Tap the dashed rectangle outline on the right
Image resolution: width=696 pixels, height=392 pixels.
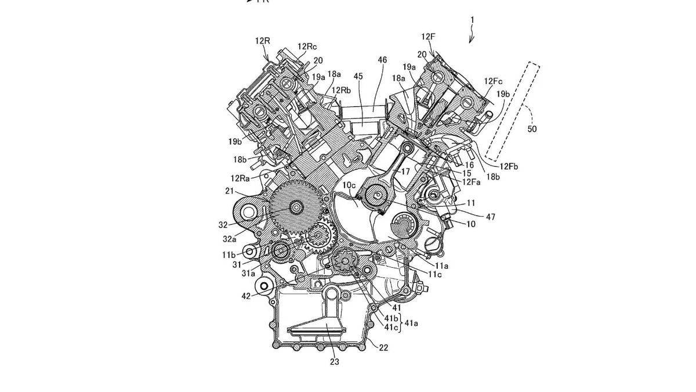coord(512,110)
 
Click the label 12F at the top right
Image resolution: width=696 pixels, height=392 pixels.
coord(429,37)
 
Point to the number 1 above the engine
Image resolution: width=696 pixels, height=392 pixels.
coord(472,20)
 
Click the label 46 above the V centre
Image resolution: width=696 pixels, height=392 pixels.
coord(382,60)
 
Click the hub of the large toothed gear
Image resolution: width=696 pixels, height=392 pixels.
coord(295,207)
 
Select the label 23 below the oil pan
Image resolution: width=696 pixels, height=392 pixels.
coord(335,362)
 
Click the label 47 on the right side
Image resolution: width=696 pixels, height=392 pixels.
coord(490,216)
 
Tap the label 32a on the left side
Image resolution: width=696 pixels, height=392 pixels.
coord(230,238)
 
